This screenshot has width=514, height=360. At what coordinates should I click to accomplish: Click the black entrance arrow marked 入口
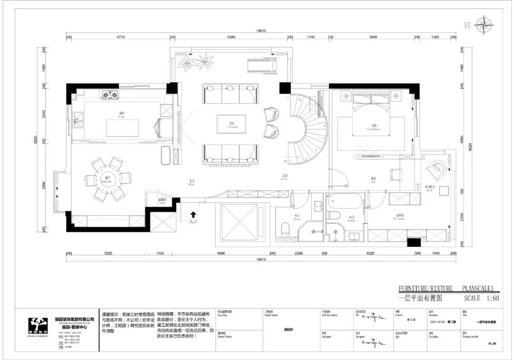point(193,216)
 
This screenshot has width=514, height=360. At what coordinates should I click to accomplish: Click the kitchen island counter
point(122,128)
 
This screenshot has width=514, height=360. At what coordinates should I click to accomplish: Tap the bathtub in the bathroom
point(346,200)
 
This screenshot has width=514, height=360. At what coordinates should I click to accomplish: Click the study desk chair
point(396,175)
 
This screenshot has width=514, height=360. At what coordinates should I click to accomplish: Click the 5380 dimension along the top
point(231,37)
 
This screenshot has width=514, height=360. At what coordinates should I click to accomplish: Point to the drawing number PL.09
point(492,342)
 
